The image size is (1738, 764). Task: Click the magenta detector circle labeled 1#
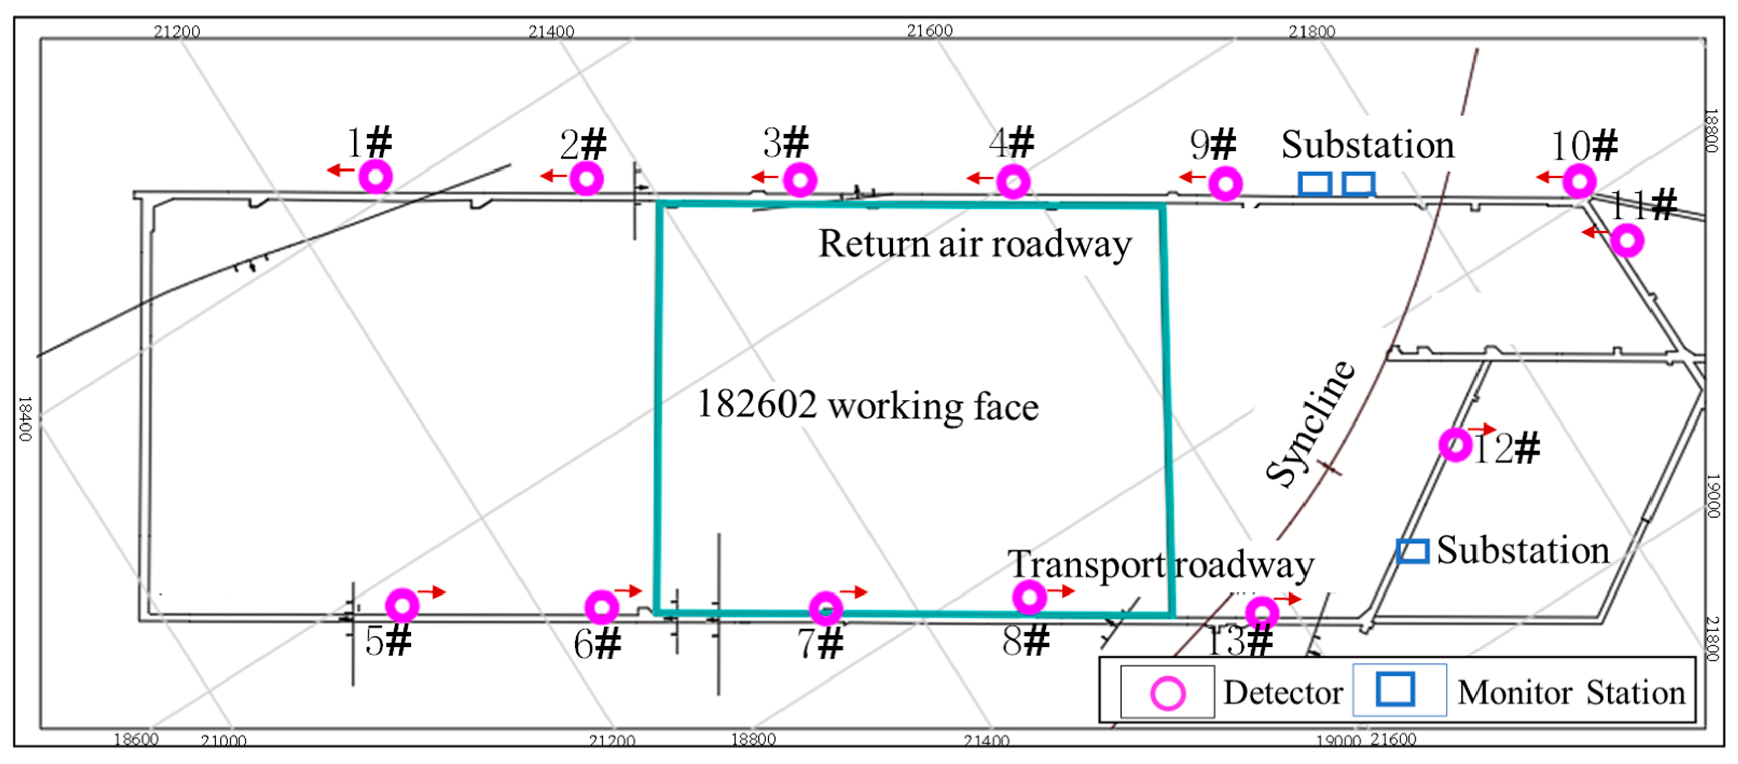(375, 177)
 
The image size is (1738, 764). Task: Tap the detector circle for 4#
(1013, 181)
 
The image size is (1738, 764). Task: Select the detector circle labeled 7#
(825, 608)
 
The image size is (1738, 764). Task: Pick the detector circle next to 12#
(1455, 444)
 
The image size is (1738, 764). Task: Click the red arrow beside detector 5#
(432, 592)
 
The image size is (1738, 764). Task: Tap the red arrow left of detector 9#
(1192, 177)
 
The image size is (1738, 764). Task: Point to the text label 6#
(597, 643)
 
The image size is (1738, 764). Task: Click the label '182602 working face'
(867, 405)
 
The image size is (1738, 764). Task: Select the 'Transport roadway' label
(1161, 565)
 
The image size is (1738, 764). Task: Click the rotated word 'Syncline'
(1310, 423)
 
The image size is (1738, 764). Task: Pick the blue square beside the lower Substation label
(1412, 551)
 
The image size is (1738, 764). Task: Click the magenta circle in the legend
(1167, 693)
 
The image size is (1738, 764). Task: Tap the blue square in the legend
(1395, 689)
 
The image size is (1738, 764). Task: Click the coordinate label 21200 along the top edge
(177, 31)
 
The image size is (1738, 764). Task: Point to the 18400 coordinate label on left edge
(24, 418)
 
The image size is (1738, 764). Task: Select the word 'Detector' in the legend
(1282, 693)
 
